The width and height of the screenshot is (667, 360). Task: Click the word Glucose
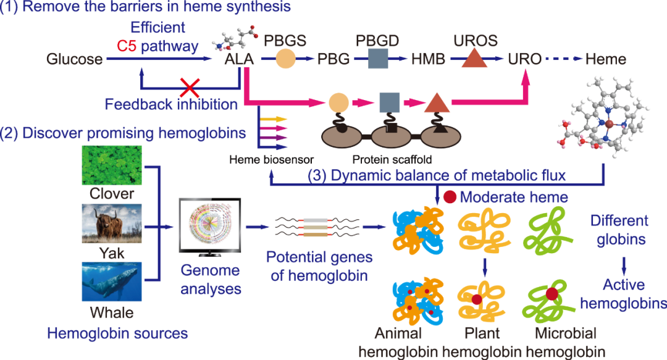click(75, 59)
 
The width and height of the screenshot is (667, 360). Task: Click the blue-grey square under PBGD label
click(377, 59)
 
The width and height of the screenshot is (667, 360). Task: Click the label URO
click(525, 59)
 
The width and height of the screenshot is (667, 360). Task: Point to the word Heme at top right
click(605, 59)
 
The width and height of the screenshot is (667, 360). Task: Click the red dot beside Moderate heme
click(450, 197)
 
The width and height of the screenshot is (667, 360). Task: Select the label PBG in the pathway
click(333, 59)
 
